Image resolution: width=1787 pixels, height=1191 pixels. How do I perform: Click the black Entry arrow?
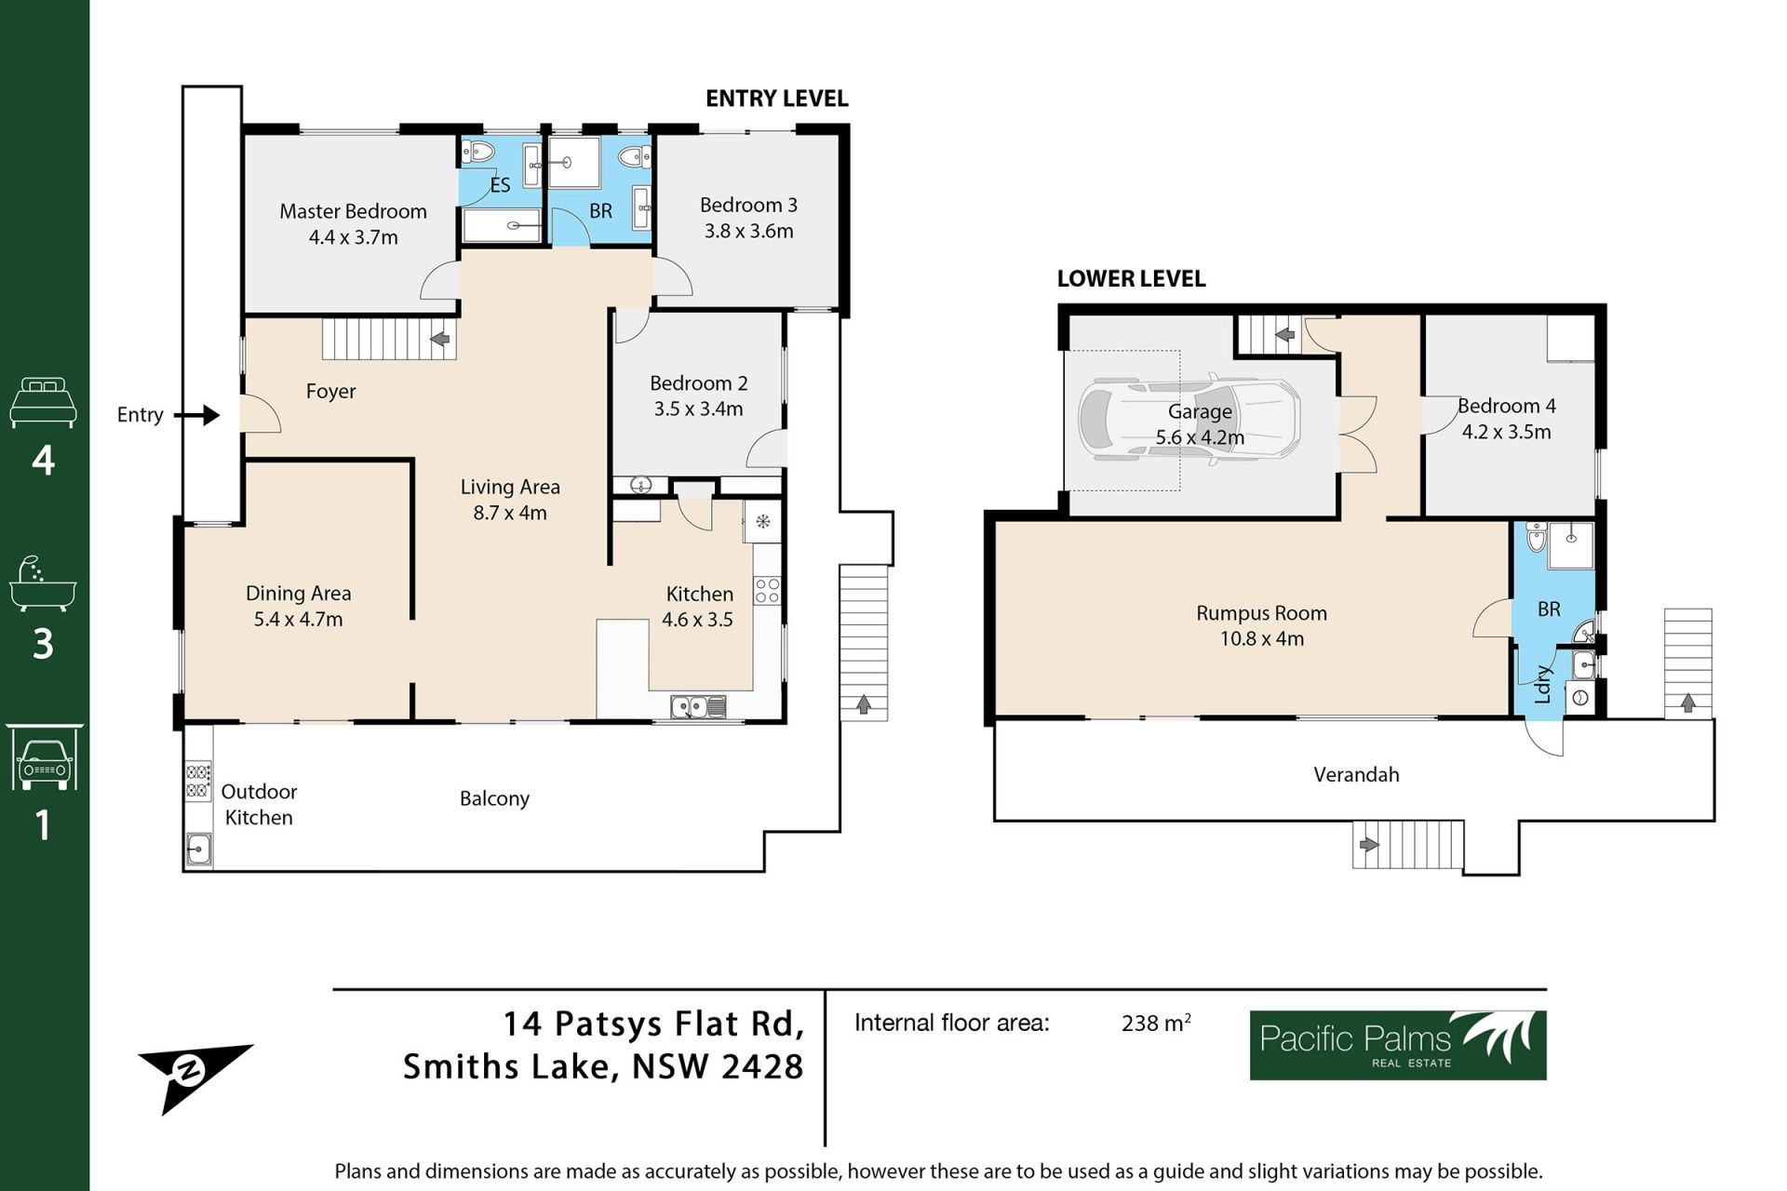(x=196, y=415)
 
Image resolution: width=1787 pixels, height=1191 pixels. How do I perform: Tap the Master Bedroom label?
(x=354, y=211)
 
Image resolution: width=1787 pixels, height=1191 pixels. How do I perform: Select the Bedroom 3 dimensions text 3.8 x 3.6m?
(x=749, y=231)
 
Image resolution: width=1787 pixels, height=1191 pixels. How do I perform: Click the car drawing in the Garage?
(x=1189, y=418)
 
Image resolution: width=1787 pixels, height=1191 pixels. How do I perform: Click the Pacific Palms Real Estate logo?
(x=1398, y=1045)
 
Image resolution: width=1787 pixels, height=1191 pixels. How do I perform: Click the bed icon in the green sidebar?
(x=43, y=402)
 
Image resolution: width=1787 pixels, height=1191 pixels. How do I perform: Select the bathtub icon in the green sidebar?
(x=43, y=584)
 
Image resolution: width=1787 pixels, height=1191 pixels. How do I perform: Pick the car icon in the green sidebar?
(x=44, y=757)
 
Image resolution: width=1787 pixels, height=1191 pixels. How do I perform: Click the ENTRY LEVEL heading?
(x=777, y=99)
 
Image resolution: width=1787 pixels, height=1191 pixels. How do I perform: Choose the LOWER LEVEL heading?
(x=1131, y=278)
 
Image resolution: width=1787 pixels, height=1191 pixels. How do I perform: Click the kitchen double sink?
(x=698, y=707)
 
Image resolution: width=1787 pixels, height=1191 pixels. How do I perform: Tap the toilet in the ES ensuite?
(x=478, y=152)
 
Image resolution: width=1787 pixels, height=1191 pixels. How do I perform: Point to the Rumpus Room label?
(x=1261, y=613)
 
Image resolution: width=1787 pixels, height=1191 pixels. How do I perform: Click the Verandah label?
(x=1356, y=774)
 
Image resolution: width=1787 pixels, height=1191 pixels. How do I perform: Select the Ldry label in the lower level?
(x=1542, y=684)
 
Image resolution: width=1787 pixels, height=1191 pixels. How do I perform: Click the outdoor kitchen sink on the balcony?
(x=198, y=849)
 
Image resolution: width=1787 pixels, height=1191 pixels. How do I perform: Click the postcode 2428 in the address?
(x=762, y=1066)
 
